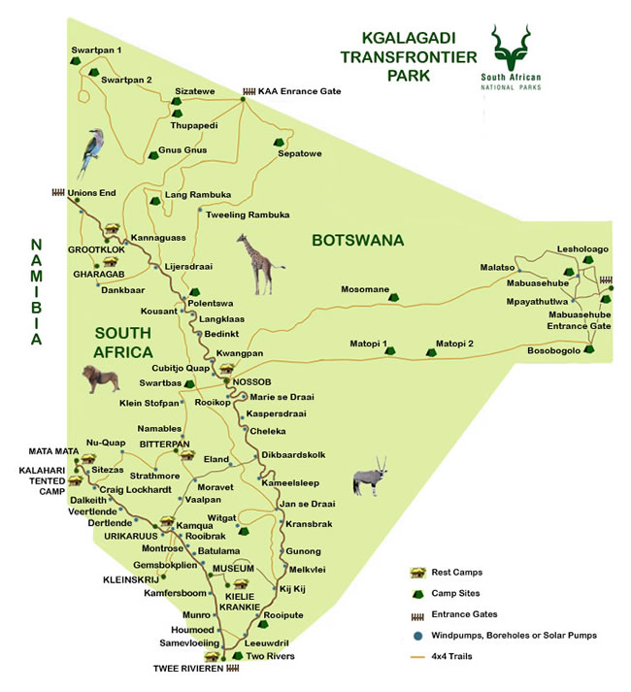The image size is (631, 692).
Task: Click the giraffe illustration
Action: [x=259, y=263]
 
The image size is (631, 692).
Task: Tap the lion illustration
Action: [x=100, y=380]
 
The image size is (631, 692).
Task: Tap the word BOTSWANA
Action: [x=357, y=241]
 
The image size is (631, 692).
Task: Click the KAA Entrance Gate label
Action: [x=299, y=91]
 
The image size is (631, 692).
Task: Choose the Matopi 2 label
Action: [x=454, y=343]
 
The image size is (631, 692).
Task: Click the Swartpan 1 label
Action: [x=96, y=49]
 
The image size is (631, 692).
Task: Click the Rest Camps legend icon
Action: [x=419, y=571]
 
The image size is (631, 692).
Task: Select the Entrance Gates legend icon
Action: [x=419, y=613]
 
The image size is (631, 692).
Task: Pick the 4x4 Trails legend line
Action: [x=419, y=656]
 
